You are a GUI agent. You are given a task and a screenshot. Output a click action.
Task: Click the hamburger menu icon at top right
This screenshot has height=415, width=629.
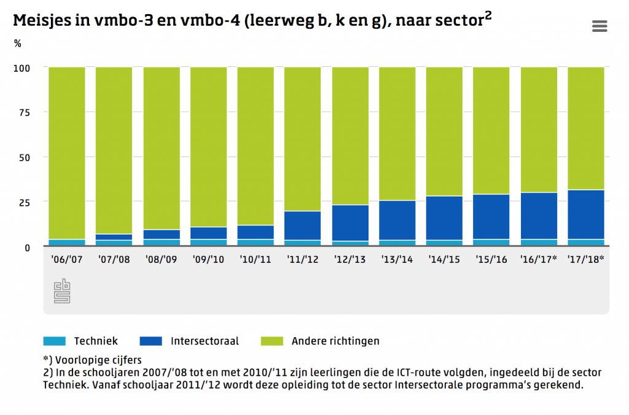[600, 26]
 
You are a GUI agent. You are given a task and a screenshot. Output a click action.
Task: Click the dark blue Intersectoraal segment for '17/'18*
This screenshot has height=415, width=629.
[585, 214]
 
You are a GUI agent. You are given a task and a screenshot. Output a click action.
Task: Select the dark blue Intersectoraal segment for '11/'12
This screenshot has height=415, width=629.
[303, 225]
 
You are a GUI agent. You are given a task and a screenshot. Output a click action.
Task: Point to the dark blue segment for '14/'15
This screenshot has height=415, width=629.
[444, 218]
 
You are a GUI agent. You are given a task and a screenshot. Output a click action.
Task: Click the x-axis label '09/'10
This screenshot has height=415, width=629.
[208, 260]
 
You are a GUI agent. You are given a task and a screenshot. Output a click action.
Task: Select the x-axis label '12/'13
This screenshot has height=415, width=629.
[350, 260]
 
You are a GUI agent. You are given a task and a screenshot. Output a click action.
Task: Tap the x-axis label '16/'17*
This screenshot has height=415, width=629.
[539, 260]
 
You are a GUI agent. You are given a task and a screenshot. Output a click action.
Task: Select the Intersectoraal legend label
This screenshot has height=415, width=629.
[205, 341]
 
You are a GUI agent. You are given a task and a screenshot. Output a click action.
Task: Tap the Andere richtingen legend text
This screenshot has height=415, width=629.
[335, 341]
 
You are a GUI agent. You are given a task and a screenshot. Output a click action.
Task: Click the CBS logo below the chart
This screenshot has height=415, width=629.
[62, 291]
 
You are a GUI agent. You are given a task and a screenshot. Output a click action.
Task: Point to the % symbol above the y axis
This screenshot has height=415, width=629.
[17, 44]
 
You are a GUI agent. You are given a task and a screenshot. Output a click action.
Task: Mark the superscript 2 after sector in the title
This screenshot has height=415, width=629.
[488, 17]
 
